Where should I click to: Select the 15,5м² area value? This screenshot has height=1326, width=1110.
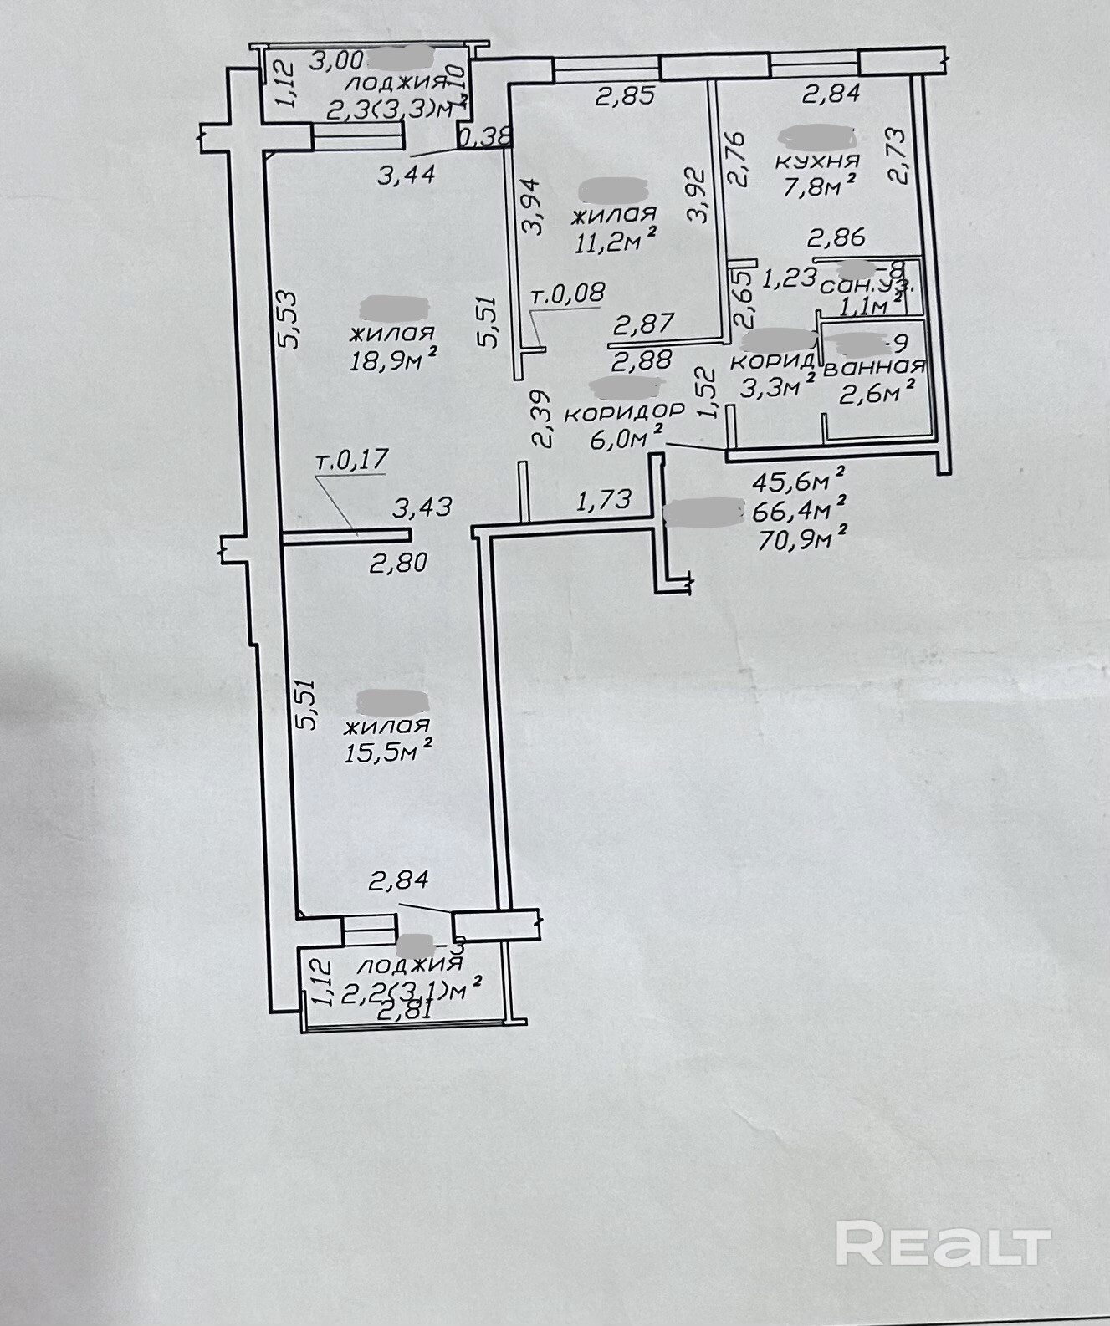389,750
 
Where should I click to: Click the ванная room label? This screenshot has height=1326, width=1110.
875,366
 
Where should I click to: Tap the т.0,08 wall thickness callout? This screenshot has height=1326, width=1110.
568,293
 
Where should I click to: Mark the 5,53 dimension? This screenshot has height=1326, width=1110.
286,319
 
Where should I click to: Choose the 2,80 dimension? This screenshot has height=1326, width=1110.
399,562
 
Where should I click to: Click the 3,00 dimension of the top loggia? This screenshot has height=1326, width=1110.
336,60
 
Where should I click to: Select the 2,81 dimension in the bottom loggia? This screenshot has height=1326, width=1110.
406,1010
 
